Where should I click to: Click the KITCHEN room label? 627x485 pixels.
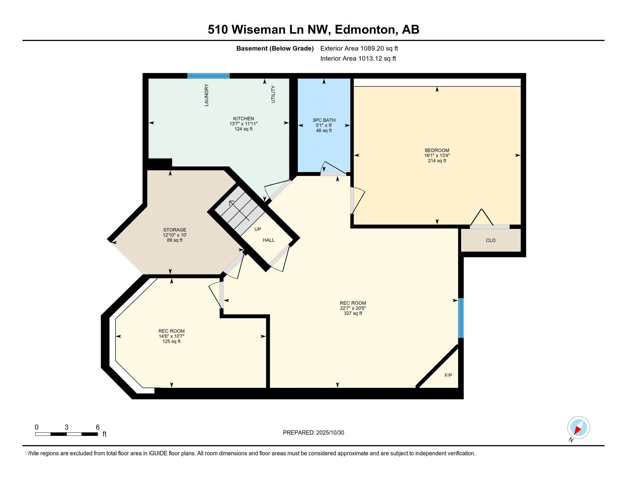[x=243, y=119]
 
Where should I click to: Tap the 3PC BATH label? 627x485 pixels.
[x=324, y=120]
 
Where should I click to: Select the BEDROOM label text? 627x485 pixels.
[x=437, y=150]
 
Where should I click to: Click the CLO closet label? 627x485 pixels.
[x=491, y=241]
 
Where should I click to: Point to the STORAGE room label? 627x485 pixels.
[x=174, y=230]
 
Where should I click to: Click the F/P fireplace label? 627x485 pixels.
[x=448, y=375]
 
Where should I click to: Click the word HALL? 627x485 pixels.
[x=269, y=240]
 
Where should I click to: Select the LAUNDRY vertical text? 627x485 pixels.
[x=206, y=95]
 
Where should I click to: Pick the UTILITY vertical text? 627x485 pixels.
[x=273, y=94]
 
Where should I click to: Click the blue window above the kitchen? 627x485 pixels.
[x=208, y=76]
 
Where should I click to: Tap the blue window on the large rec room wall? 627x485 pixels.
[x=461, y=318]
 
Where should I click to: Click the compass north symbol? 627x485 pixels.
[x=579, y=428]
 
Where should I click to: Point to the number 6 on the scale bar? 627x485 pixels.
[x=97, y=427]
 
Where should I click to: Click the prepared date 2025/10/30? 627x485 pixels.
[x=330, y=433]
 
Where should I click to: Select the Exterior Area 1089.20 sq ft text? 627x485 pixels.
[x=359, y=48]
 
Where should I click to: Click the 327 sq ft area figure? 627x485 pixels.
[x=353, y=313]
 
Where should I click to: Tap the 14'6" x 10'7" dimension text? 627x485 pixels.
[x=171, y=336]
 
